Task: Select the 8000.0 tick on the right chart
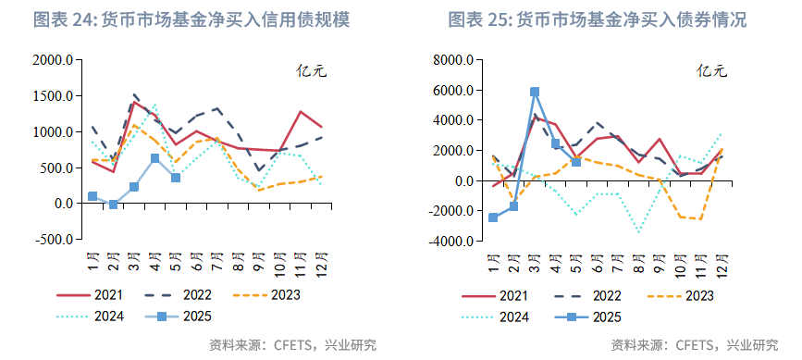click(x=454, y=61)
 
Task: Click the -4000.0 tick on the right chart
click(x=452, y=242)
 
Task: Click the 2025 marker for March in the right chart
click(x=535, y=92)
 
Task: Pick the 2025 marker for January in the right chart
click(x=493, y=217)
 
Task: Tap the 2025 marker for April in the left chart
click(x=155, y=158)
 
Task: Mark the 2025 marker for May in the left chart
click(x=176, y=177)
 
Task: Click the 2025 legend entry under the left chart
click(x=175, y=317)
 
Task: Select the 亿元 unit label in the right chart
click(x=712, y=69)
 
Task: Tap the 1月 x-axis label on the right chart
click(x=493, y=263)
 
